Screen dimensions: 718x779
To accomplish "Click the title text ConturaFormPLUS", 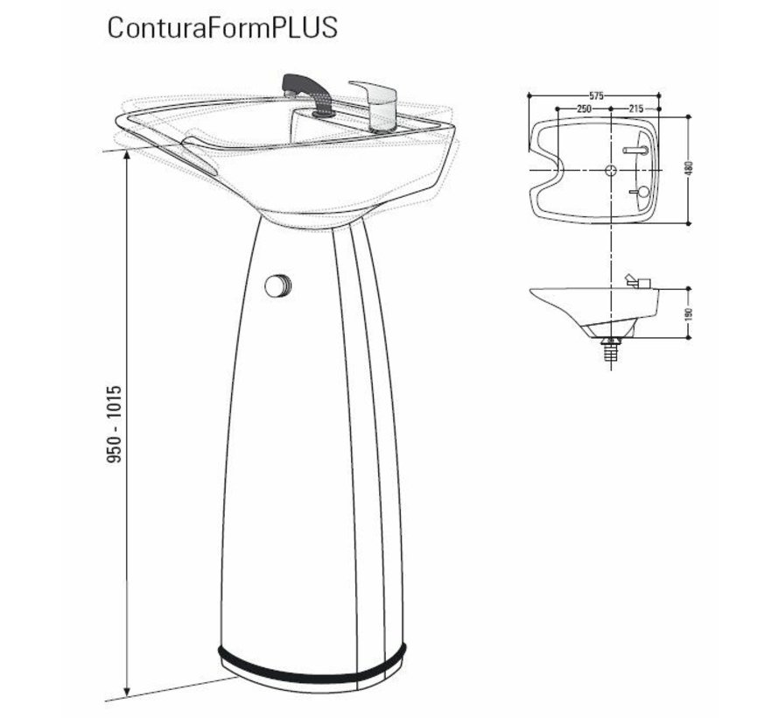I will [x=222, y=27].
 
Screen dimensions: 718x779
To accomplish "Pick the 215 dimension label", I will [x=637, y=108].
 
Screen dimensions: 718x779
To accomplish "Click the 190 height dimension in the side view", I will [x=689, y=313].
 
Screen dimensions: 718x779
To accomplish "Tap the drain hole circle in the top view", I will [x=611, y=168].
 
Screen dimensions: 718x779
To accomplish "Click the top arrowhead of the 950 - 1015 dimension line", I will [x=129, y=155].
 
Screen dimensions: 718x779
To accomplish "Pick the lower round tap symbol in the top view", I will [x=642, y=190].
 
